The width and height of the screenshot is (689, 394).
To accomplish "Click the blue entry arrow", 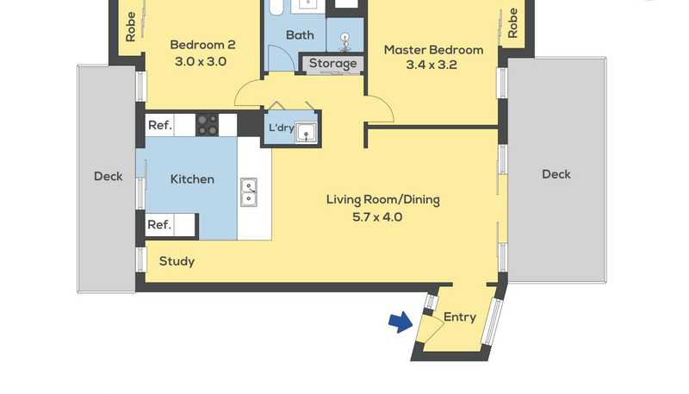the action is (400, 322).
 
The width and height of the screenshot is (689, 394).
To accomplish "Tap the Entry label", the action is (460, 317).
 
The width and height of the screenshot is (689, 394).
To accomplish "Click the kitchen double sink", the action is (248, 192).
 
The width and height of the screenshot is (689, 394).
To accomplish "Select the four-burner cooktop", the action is (207, 125).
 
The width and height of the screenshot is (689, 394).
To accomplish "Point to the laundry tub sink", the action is (306, 132).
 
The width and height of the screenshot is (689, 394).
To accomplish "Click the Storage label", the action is (332, 63).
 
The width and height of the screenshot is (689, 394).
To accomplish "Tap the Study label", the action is (177, 261).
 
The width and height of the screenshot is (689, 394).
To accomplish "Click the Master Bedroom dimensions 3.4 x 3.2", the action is (431, 65).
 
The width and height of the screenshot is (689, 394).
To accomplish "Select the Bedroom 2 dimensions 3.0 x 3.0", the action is (201, 61).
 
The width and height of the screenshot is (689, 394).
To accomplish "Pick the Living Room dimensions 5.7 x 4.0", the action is (377, 216).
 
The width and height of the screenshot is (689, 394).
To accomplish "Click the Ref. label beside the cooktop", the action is (160, 125).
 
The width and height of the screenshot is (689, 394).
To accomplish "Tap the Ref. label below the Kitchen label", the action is (159, 225).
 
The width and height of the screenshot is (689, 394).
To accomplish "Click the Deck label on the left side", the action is (109, 177).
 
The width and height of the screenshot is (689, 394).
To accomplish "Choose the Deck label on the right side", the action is (556, 174).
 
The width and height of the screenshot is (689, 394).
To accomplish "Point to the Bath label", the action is (300, 34).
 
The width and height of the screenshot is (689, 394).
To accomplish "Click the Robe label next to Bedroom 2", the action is (131, 27).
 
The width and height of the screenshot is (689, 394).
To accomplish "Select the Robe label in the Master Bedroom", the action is (512, 23).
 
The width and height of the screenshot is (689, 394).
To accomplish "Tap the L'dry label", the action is (282, 128).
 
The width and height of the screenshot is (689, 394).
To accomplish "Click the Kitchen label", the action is (192, 179).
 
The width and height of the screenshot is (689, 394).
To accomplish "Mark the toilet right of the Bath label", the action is (345, 41).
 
